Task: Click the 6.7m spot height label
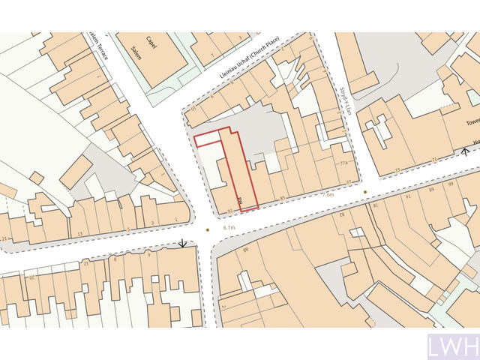[229, 228]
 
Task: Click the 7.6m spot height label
[328, 194]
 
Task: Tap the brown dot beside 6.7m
[208, 230]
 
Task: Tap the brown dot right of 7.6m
[365, 192]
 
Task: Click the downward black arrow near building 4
[182, 244]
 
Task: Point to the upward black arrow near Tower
[466, 151]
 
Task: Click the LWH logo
[452, 347]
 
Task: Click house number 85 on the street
[283, 198]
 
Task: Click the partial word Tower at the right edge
[472, 122]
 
